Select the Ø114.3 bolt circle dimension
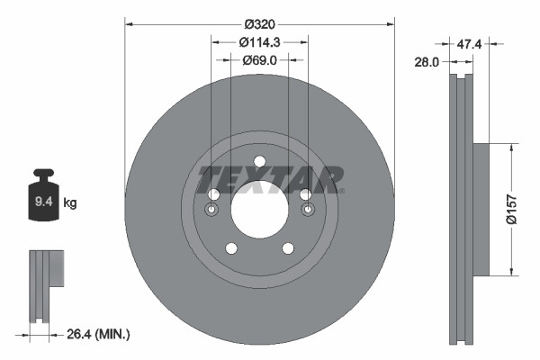pos(259,41)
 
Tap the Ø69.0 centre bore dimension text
pos(259,60)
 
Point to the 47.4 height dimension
pos(466,42)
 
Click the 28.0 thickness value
pos(427,62)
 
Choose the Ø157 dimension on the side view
pos(510,208)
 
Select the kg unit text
pos(70,203)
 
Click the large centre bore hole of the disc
pos(259,209)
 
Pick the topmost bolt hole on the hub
pos(259,161)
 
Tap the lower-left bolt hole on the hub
pos(231,248)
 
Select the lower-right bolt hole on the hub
pos(288,248)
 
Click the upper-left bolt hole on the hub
pos(213,194)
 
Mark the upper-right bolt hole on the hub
pos(305,194)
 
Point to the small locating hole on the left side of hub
pos(211,210)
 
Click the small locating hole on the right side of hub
pos(307,210)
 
